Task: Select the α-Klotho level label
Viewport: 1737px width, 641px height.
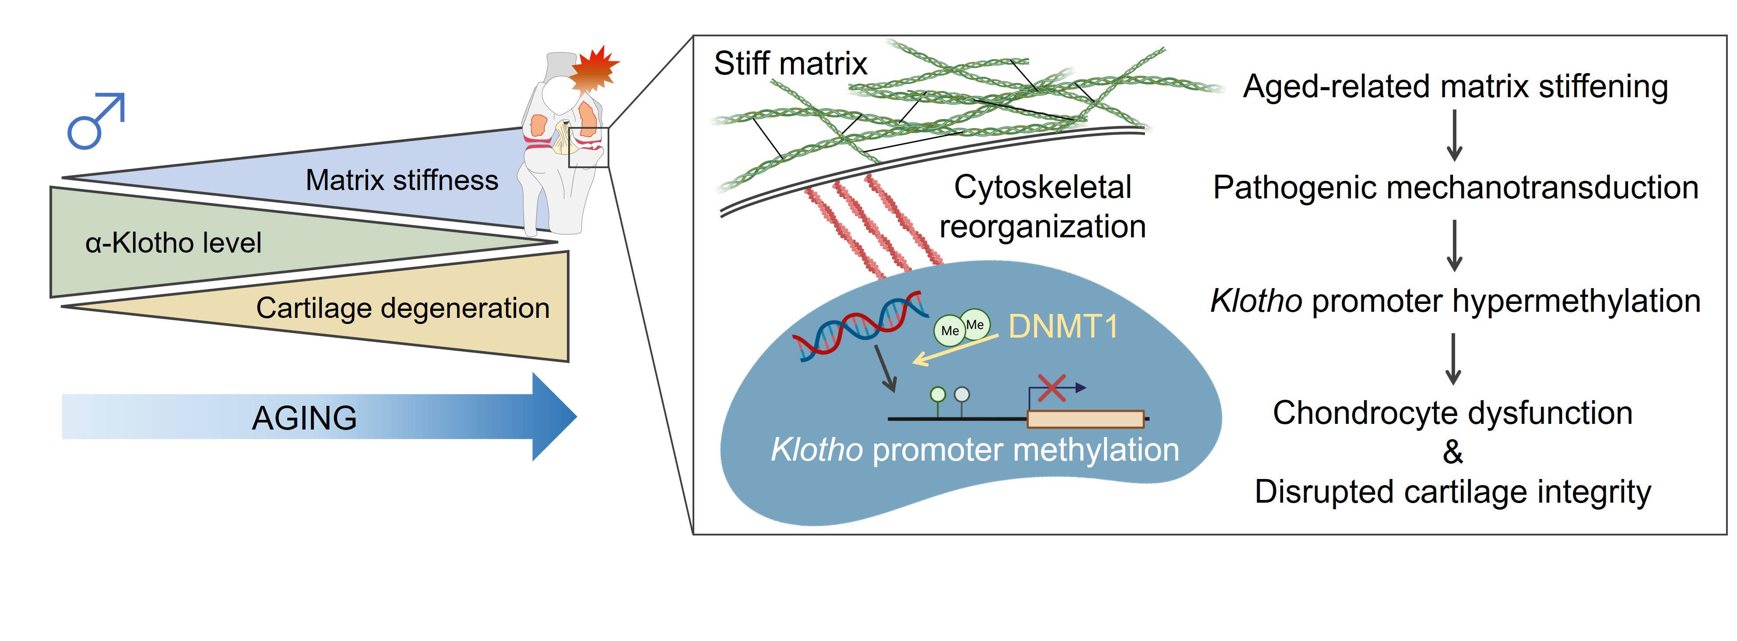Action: tap(173, 243)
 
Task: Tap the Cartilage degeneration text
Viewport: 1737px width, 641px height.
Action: tap(403, 308)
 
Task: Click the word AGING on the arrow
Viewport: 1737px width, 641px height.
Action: tap(304, 418)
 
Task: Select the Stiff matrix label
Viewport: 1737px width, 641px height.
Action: tap(790, 64)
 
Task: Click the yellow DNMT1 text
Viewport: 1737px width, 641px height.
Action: tap(1063, 327)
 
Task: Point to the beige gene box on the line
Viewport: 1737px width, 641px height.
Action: tap(1085, 419)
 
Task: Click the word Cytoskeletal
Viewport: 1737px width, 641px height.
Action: tap(1042, 187)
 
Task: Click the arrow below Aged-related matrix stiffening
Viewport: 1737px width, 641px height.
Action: tap(1455, 136)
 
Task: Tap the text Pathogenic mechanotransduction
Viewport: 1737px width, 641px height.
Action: tap(1455, 187)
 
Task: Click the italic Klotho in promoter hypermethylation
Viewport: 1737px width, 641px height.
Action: tap(1255, 301)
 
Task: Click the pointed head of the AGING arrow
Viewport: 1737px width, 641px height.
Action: tap(554, 416)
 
